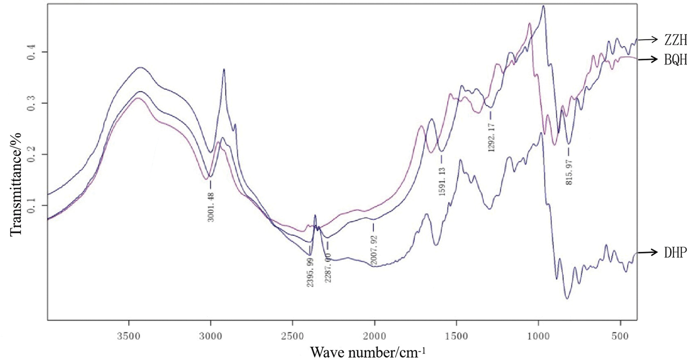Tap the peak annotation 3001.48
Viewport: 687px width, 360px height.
pyautogui.click(x=211, y=207)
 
